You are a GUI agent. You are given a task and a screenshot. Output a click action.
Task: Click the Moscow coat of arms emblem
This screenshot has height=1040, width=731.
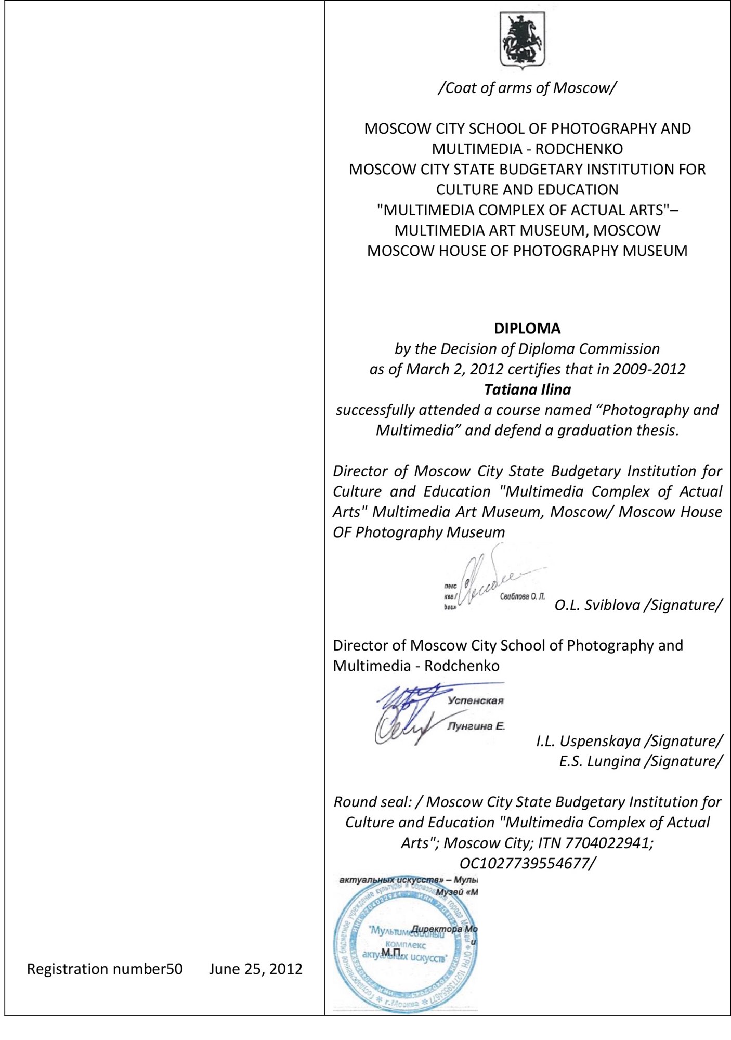(523, 40)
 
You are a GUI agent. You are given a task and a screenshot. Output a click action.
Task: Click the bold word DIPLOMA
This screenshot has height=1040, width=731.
(527, 329)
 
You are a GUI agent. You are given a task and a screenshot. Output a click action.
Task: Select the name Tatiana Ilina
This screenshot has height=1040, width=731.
(527, 389)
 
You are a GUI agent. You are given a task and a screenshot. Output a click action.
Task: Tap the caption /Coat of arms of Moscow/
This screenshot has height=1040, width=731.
(527, 88)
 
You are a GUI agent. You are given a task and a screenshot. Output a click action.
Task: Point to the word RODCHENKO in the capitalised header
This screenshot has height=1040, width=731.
(579, 149)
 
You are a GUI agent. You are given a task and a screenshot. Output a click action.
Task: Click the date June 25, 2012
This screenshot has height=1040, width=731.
(256, 969)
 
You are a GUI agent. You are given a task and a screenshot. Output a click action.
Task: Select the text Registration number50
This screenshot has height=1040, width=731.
(105, 969)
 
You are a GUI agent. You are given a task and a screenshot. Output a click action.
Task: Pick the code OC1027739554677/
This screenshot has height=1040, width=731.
(527, 863)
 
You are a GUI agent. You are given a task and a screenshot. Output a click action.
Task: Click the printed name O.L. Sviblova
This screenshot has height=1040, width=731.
(597, 605)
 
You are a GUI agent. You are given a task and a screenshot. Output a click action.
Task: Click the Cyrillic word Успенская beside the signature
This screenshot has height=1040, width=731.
(476, 700)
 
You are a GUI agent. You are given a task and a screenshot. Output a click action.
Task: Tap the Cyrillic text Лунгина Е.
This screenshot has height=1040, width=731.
(476, 726)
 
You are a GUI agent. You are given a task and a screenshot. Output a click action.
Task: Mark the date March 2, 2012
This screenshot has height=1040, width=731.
(454, 369)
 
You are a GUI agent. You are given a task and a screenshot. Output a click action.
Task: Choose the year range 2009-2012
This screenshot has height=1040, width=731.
(649, 369)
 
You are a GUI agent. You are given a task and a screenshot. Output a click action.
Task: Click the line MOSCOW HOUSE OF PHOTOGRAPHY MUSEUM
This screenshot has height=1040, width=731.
(527, 251)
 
